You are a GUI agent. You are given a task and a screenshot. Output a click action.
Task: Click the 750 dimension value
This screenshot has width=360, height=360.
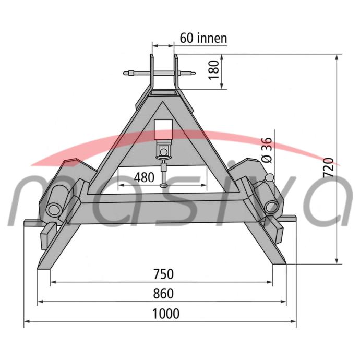click(x=163, y=274)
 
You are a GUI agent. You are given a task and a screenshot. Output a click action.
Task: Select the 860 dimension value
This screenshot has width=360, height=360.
click(x=163, y=294)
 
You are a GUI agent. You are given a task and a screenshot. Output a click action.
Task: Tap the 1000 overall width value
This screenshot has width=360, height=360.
click(x=166, y=314)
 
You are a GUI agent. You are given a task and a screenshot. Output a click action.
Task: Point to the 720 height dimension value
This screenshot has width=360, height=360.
click(x=328, y=167)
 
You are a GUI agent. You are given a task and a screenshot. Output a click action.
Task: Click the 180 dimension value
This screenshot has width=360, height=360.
click(x=213, y=70)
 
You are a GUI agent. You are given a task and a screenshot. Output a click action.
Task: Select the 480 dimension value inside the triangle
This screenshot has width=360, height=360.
click(x=144, y=177)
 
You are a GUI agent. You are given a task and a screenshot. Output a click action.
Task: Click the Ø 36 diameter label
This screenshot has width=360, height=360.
click(x=267, y=150)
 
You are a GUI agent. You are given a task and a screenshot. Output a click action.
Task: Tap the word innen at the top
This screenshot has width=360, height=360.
click(x=212, y=38)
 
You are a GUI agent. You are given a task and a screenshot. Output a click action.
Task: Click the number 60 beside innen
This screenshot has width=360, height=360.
click(x=186, y=38)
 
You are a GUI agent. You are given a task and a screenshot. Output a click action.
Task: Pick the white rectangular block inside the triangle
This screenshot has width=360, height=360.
click(x=163, y=129)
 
